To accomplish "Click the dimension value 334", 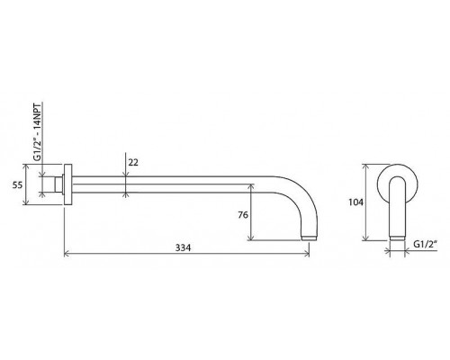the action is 183,247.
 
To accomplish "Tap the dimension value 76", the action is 243,215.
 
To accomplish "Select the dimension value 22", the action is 133,162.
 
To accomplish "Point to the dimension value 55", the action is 17,184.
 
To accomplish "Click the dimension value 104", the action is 355,202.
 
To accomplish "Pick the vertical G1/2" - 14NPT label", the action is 37,131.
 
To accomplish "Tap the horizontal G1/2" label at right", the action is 425,244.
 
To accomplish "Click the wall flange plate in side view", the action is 68,184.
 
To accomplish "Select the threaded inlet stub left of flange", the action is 58,184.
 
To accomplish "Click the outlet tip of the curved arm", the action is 310,238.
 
